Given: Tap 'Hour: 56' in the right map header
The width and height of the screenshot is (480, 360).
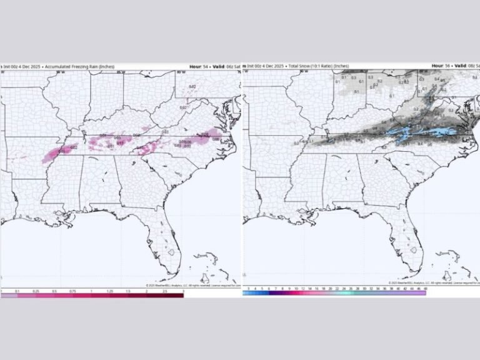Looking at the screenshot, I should pyautogui.click(x=439, y=66).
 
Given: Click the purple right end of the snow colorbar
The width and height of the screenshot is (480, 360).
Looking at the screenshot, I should pyautogui.click(x=423, y=292).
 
